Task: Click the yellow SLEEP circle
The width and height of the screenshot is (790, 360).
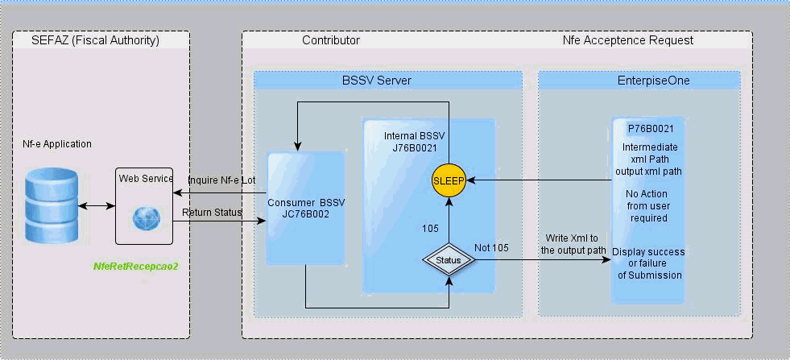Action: click(x=449, y=180)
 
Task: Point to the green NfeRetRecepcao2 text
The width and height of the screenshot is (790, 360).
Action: click(x=135, y=265)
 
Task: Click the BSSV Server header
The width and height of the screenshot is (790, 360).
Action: click(x=388, y=81)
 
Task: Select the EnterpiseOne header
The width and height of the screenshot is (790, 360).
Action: click(x=639, y=81)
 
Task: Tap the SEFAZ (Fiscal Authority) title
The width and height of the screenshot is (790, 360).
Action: click(x=95, y=39)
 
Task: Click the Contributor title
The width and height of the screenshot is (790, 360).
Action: click(x=331, y=39)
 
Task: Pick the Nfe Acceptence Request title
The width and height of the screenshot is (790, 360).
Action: click(x=628, y=39)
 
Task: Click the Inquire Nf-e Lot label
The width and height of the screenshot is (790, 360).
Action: click(x=221, y=180)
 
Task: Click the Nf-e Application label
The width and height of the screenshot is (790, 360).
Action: click(x=57, y=144)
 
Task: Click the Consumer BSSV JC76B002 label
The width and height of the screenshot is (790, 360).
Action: click(x=306, y=208)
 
